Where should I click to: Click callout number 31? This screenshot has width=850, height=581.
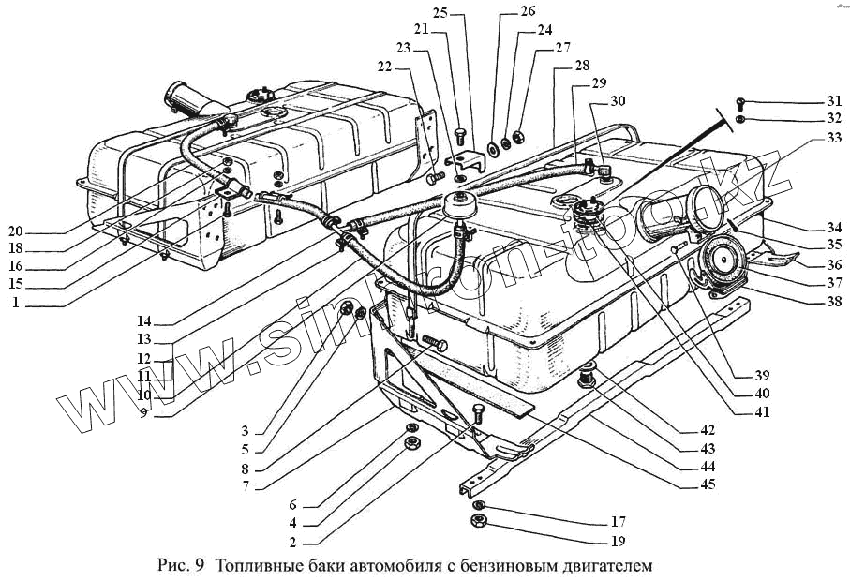[x=834, y=101]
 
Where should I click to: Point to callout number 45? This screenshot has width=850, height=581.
[x=708, y=484]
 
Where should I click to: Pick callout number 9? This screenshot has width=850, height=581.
[x=144, y=411]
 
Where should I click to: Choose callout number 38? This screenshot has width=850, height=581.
[x=834, y=303]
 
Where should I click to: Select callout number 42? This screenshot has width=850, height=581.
[x=708, y=430]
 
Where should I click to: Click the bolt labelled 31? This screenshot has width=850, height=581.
[x=739, y=101]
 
